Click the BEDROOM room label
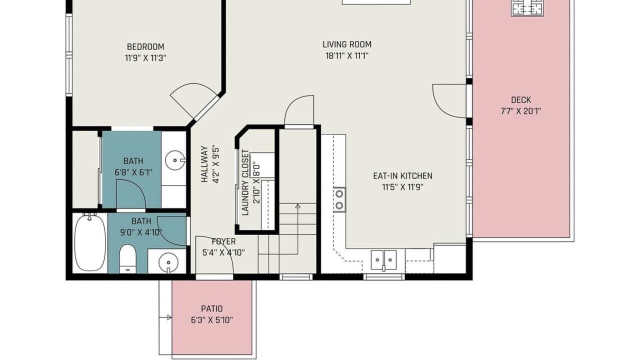145,46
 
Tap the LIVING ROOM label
347,44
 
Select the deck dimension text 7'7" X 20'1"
520,111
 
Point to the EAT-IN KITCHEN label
402,175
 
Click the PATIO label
211,308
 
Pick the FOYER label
223,241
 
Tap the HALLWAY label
204,164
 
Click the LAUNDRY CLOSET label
245,182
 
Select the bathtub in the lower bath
89,242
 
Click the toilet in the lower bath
127,258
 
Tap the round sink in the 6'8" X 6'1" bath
175,160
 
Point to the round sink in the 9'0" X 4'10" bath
168,262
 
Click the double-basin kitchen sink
383,260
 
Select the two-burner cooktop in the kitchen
339,199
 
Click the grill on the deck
527,8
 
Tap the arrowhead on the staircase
297,205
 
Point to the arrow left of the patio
165,317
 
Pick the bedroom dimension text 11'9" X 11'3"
145,58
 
